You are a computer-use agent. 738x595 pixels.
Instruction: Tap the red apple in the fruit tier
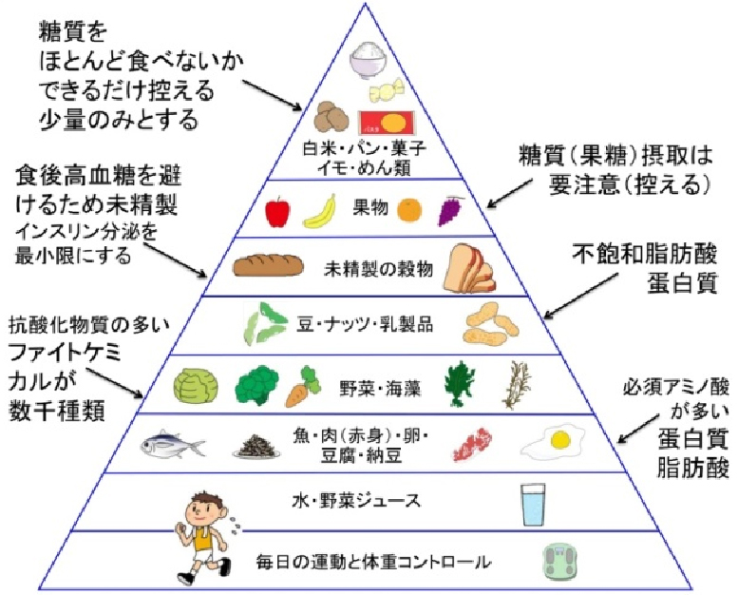(276, 210)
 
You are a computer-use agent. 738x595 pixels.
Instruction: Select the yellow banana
(320, 210)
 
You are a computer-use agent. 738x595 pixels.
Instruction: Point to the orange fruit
(409, 209)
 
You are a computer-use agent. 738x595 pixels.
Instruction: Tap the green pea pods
(261, 323)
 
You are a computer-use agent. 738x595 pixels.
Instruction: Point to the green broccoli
(255, 385)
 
